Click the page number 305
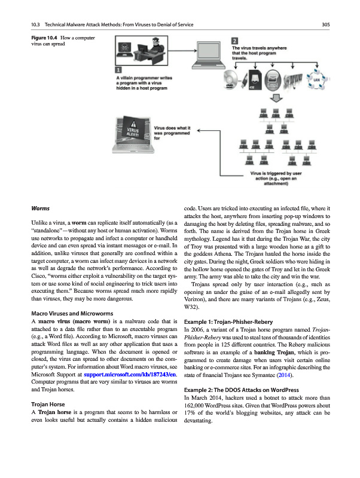tap(326, 24)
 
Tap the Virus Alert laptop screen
tap(132, 133)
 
